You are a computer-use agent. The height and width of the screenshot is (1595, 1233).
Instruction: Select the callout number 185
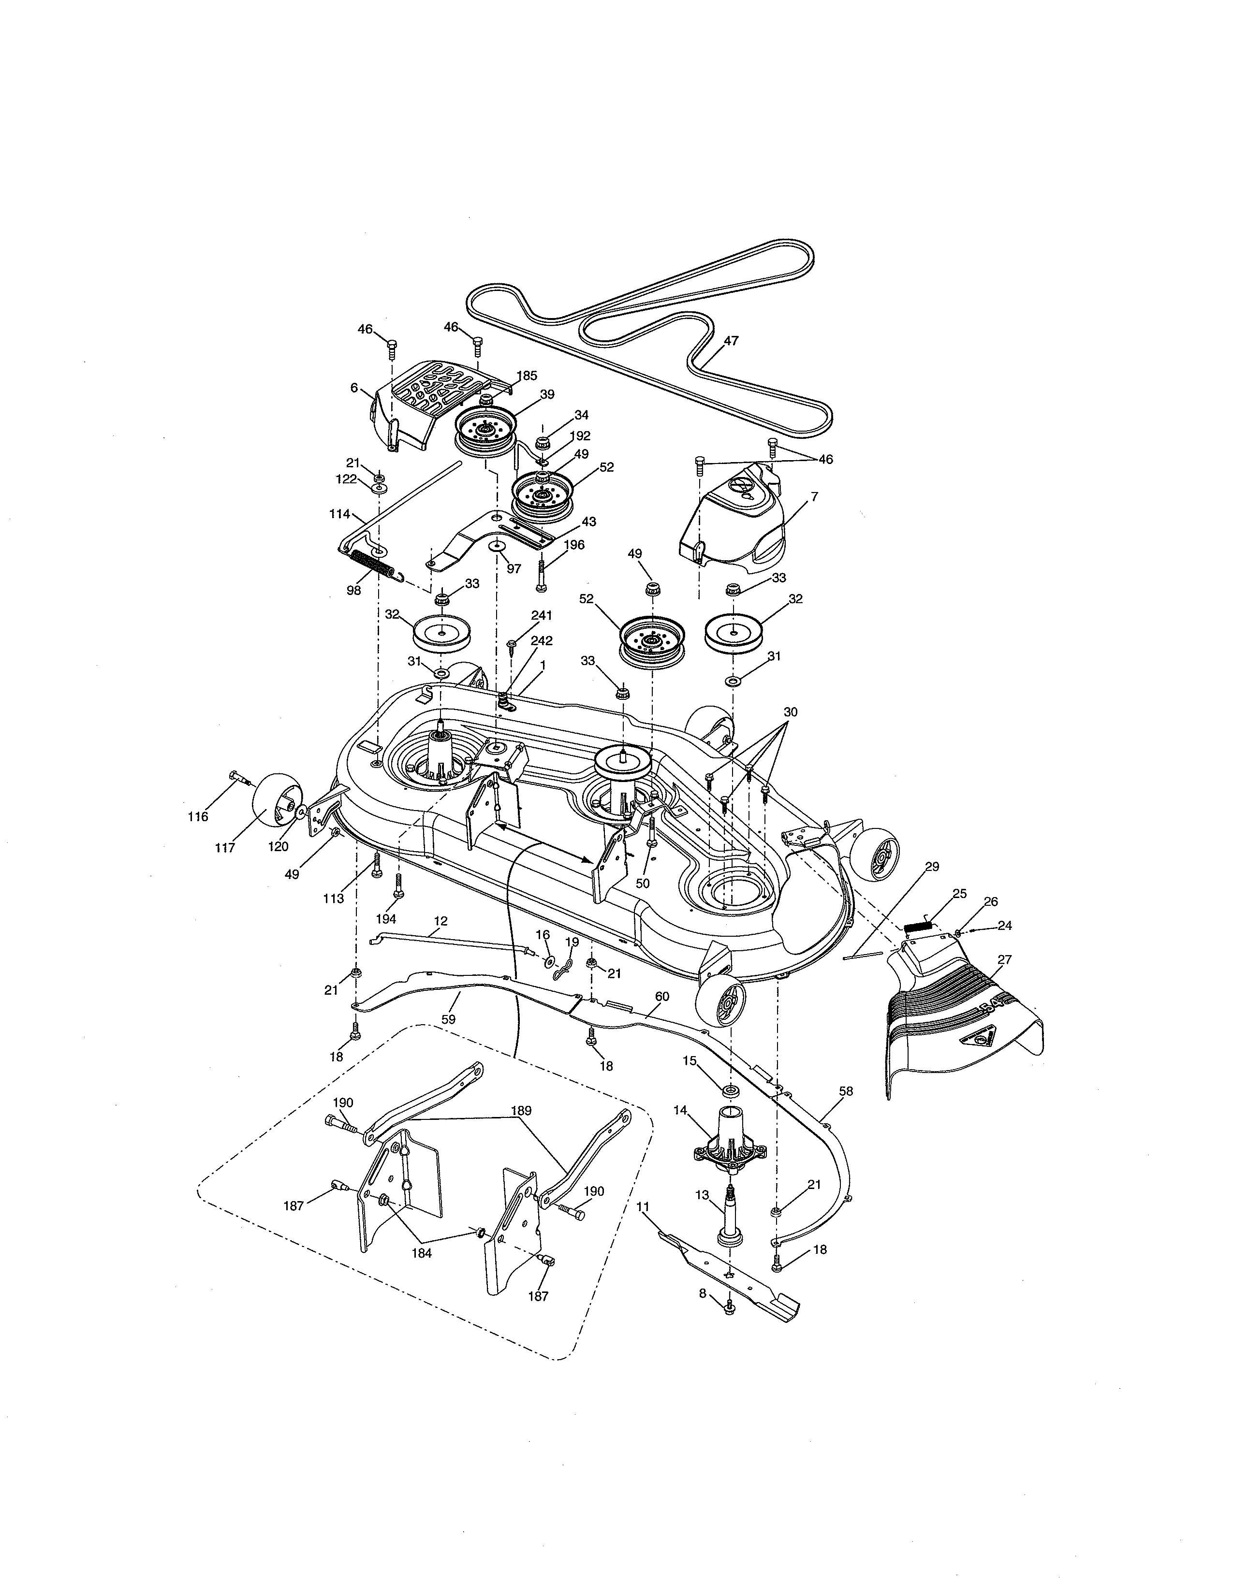527,376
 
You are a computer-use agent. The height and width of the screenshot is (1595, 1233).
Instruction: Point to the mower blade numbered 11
731,1275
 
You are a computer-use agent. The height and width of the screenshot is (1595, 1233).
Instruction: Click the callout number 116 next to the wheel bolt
198,816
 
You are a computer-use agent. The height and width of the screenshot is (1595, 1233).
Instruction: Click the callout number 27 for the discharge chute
1004,959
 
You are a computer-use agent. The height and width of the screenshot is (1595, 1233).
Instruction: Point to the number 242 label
541,640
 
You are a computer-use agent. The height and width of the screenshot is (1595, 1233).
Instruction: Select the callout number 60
662,996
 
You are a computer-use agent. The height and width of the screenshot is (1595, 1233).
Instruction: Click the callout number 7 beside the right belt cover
814,496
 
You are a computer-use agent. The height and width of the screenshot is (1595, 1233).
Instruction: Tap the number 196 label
574,545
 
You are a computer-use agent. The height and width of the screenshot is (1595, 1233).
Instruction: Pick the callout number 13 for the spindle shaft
702,1195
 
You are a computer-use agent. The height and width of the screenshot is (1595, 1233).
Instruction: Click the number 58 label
846,1091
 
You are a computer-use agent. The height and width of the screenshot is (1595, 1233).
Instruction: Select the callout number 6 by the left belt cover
354,388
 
